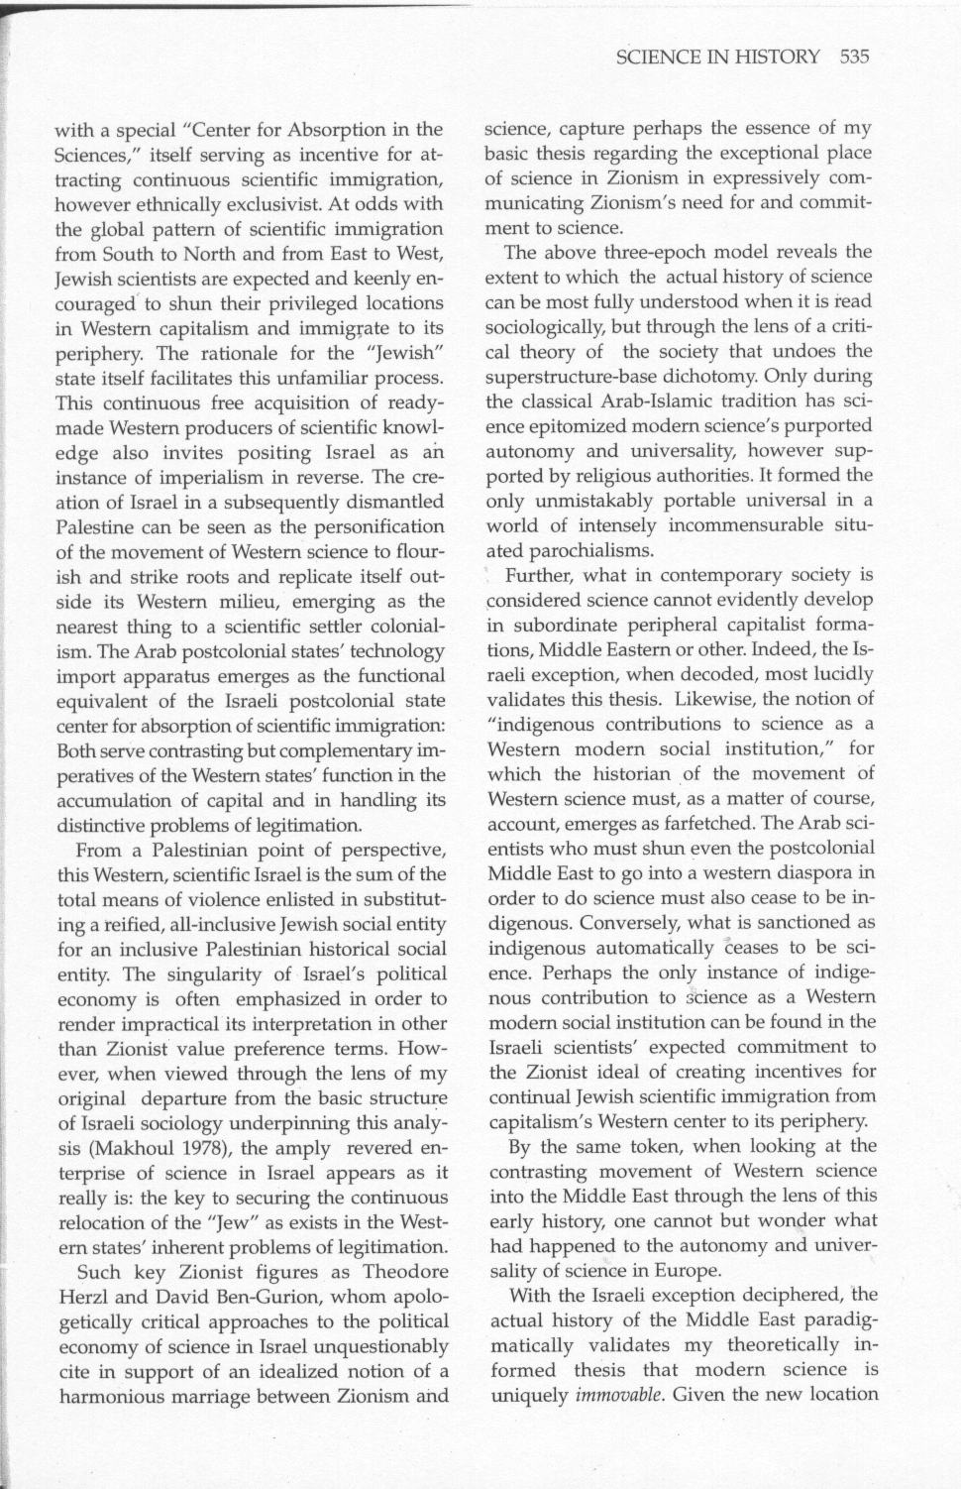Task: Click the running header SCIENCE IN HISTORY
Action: (717, 57)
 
